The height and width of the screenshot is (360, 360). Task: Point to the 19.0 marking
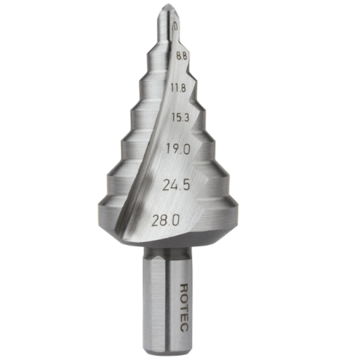tap(177, 149)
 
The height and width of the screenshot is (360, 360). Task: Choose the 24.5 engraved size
tap(176, 185)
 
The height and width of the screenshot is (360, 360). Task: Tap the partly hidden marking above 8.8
tap(175, 25)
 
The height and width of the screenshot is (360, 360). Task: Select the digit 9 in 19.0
tap(174, 149)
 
